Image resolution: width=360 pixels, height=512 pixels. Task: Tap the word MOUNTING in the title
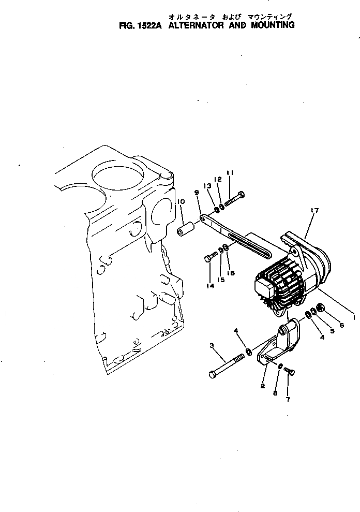click(x=273, y=25)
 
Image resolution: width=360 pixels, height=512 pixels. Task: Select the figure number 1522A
click(x=148, y=25)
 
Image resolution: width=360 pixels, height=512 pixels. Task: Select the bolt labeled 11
click(x=235, y=199)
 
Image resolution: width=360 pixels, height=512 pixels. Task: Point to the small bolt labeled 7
click(x=289, y=371)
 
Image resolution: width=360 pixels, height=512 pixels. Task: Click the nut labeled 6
click(x=321, y=309)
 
